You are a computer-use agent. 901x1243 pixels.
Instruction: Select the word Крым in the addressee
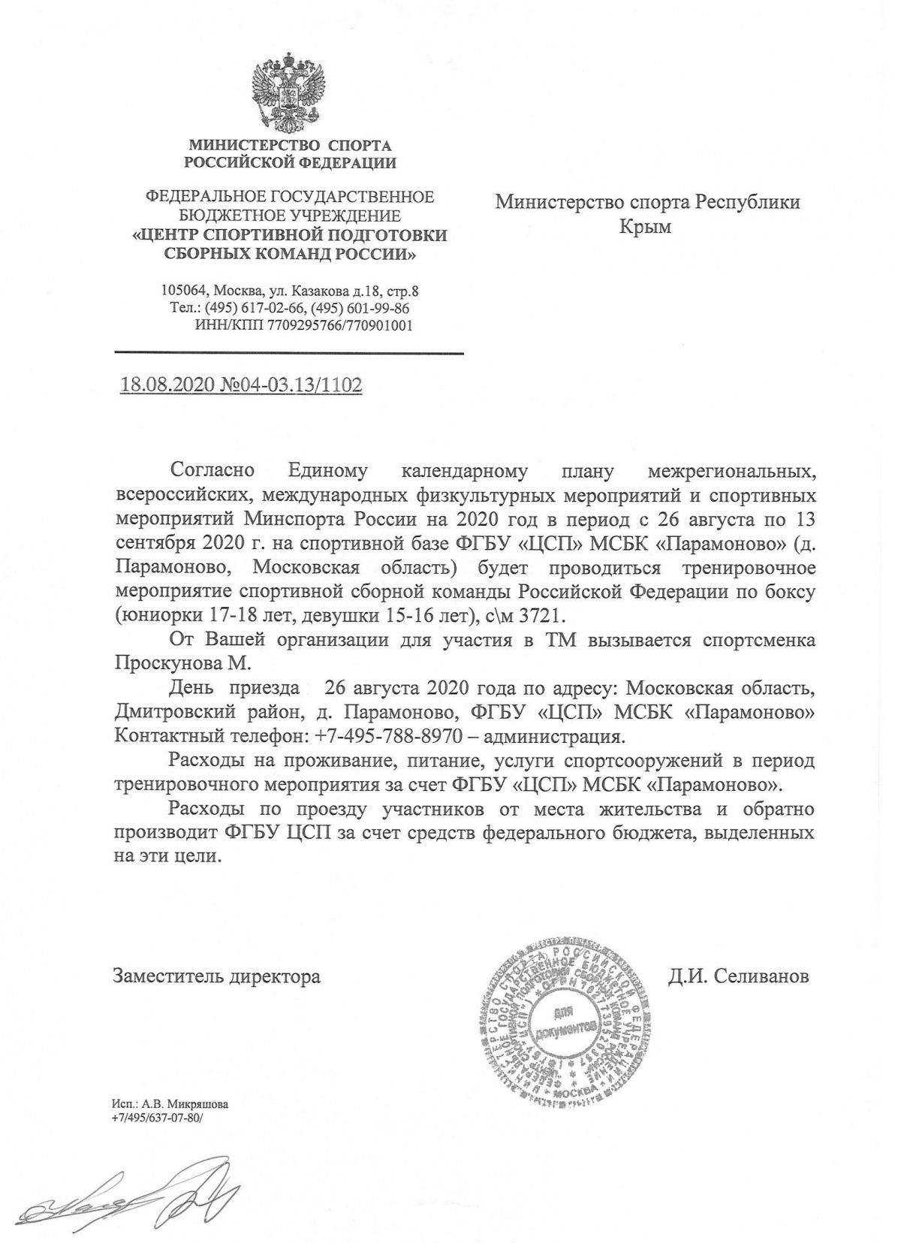click(646, 226)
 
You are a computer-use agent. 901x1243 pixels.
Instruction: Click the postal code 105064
click(183, 291)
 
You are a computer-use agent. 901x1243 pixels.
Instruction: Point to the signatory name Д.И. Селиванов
click(739, 976)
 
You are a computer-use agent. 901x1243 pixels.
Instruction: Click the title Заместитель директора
click(217, 976)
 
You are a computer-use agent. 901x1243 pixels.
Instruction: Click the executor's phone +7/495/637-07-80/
click(157, 1118)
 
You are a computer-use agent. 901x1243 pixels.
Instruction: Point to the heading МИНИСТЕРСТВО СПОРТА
click(290, 144)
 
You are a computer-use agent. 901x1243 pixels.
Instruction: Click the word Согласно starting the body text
click(213, 472)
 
